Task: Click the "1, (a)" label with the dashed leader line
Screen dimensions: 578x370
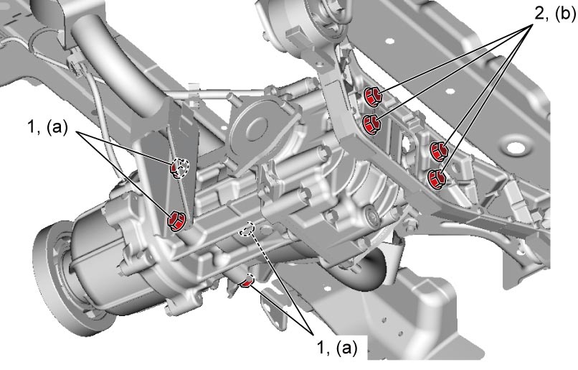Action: [x=337, y=348]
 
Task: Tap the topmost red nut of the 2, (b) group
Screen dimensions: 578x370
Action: [x=373, y=97]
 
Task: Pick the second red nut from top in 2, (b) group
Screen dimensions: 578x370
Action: [x=371, y=124]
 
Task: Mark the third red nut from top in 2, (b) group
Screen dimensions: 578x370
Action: [x=439, y=152]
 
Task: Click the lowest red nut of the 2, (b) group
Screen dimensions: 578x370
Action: [x=437, y=179]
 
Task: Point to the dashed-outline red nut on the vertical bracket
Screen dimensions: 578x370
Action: [x=179, y=168]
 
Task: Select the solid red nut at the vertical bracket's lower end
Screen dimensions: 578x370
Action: [x=176, y=220]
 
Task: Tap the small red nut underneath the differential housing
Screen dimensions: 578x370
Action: [x=247, y=282]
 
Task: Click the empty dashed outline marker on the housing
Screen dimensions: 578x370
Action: [x=247, y=229]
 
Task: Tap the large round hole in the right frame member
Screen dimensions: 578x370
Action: [x=515, y=148]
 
